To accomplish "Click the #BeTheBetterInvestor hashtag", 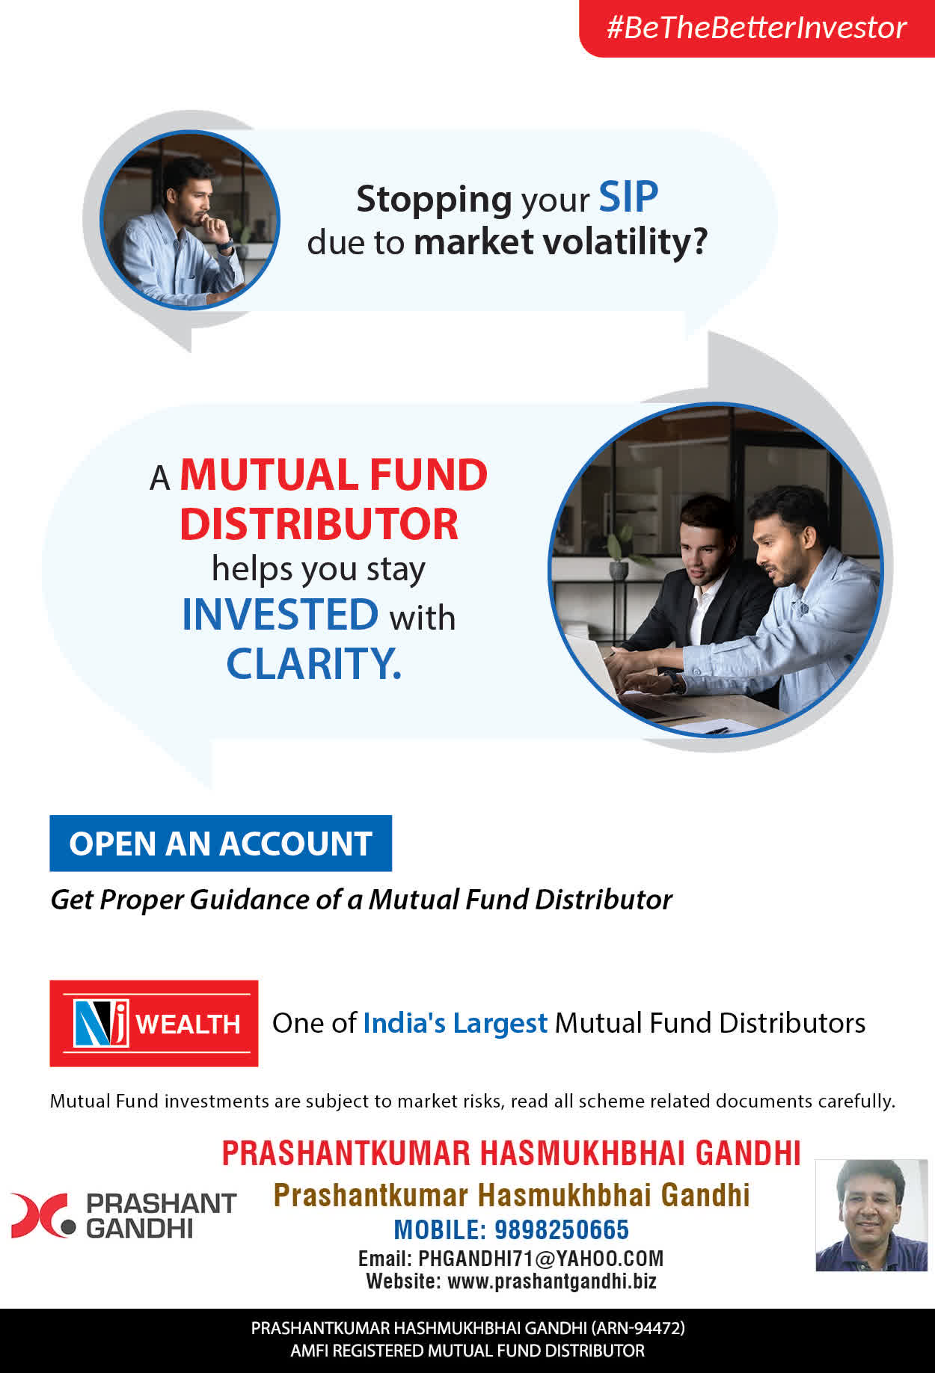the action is (756, 28).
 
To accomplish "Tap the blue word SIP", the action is (628, 197).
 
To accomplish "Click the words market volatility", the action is (560, 242).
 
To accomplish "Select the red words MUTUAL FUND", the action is (334, 475).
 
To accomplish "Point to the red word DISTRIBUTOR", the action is (319, 523).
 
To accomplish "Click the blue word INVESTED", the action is (280, 614).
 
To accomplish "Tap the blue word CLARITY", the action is (314, 663).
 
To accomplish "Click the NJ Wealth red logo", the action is (154, 1023).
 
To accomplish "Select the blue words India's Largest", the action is (456, 1023).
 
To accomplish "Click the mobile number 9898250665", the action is (562, 1229).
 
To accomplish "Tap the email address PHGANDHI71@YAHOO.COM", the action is (541, 1259).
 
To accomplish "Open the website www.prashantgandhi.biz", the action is (552, 1281).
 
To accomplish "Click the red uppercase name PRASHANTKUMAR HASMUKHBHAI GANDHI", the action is (512, 1153).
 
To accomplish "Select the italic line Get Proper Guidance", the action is (361, 900).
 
